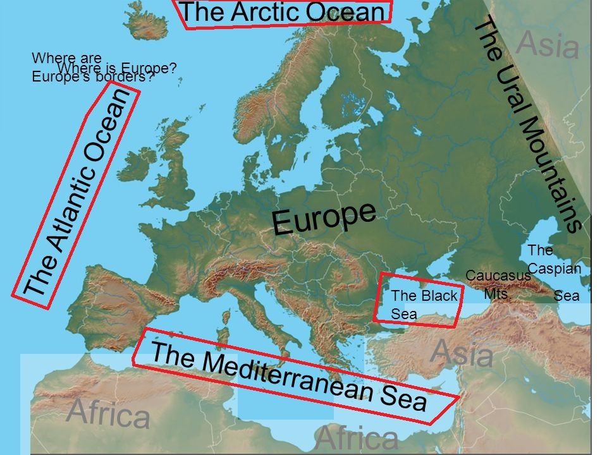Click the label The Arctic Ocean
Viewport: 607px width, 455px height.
pyautogui.click(x=282, y=12)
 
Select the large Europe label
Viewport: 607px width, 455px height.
pyautogui.click(x=324, y=217)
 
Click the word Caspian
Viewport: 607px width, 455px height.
pyautogui.click(x=554, y=268)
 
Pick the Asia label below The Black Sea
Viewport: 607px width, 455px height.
pyautogui.click(x=461, y=352)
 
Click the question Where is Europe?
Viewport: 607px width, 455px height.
pyautogui.click(x=116, y=68)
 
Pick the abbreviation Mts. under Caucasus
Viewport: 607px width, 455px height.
pyautogui.click(x=497, y=293)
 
